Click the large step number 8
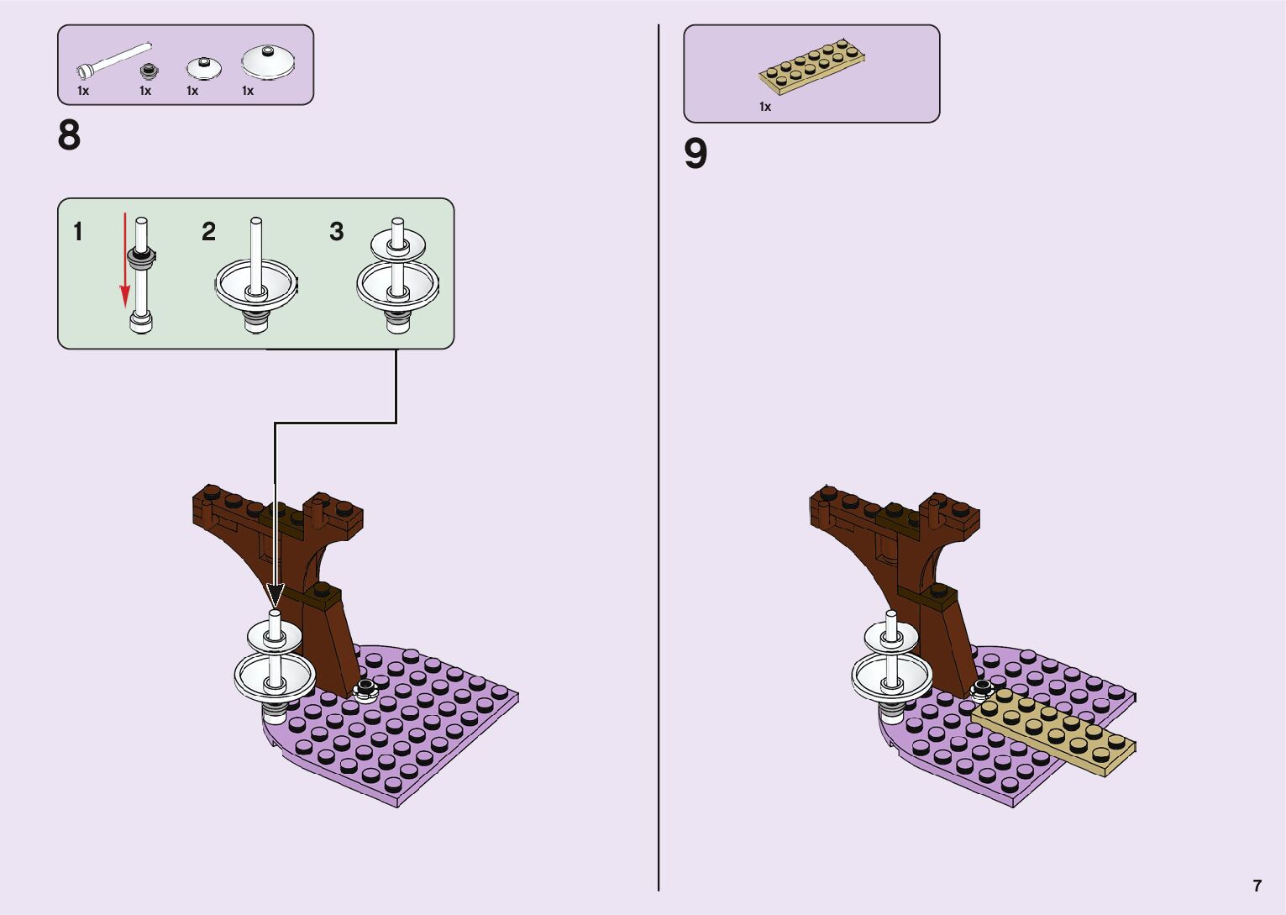pyautogui.click(x=69, y=135)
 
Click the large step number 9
pyautogui.click(x=695, y=154)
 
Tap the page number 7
pyautogui.click(x=1257, y=886)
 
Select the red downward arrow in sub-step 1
pyautogui.click(x=125, y=260)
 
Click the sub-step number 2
pyautogui.click(x=208, y=231)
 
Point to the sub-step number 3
pyautogui.click(x=336, y=231)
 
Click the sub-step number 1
pyautogui.click(x=78, y=231)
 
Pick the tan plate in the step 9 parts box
pyautogui.click(x=812, y=65)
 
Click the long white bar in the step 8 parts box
pyautogui.click(x=113, y=59)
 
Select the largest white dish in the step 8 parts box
pyautogui.click(x=268, y=61)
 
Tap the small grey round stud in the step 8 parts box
pyautogui.click(x=149, y=70)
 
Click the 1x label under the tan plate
pyautogui.click(x=764, y=107)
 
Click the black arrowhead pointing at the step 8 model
pyautogui.click(x=276, y=594)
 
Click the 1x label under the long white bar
pyautogui.click(x=83, y=91)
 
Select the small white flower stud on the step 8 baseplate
pyautogui.click(x=365, y=691)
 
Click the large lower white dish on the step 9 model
pyautogui.click(x=890, y=676)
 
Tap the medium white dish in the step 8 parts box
pyautogui.click(x=203, y=68)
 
